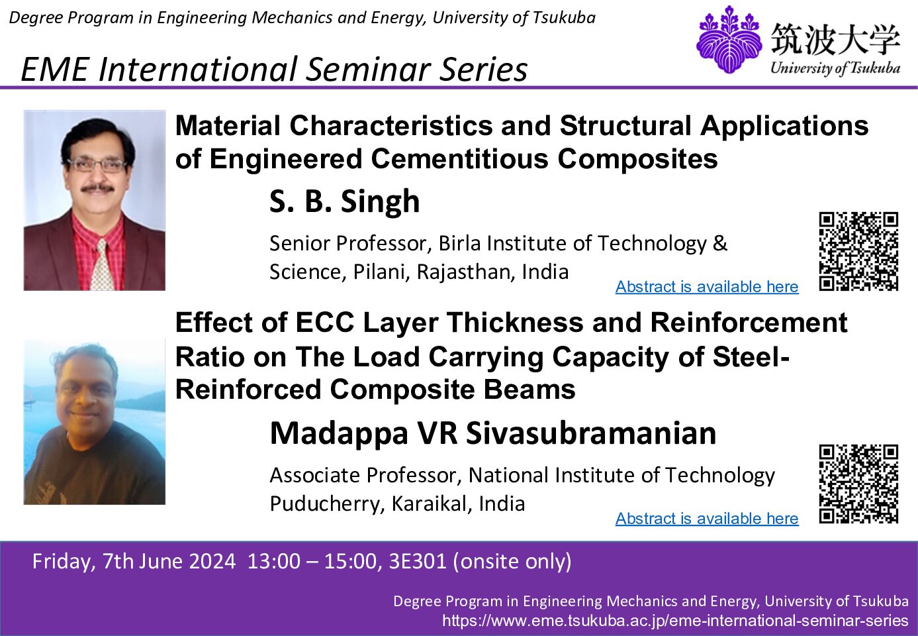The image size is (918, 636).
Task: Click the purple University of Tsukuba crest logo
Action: pyautogui.click(x=729, y=39)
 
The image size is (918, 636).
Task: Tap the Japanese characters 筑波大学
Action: pyautogui.click(x=835, y=39)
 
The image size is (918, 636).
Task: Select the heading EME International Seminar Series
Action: pyautogui.click(x=274, y=70)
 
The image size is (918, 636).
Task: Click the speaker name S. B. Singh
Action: pyautogui.click(x=345, y=201)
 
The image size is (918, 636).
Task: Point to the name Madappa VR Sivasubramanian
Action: pyautogui.click(x=493, y=433)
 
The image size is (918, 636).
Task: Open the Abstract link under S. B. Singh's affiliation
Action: pyautogui.click(x=707, y=286)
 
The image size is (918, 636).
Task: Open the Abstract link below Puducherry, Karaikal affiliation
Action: pyautogui.click(x=707, y=518)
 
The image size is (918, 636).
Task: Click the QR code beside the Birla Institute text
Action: pyautogui.click(x=858, y=251)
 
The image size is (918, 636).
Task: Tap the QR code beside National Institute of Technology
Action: pyautogui.click(x=858, y=484)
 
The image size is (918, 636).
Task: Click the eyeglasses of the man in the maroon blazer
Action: pyautogui.click(x=97, y=165)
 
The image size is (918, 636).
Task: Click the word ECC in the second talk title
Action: pyautogui.click(x=324, y=322)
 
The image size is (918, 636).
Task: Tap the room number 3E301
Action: pyautogui.click(x=418, y=561)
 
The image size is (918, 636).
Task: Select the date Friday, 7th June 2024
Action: pyautogui.click(x=134, y=562)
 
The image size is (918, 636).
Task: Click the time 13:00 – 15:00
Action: pyautogui.click(x=312, y=561)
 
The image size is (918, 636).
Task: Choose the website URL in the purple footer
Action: pyautogui.click(x=675, y=620)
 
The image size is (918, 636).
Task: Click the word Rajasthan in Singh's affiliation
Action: pyautogui.click(x=465, y=272)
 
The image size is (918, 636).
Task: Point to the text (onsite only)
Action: pyautogui.click(x=512, y=562)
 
